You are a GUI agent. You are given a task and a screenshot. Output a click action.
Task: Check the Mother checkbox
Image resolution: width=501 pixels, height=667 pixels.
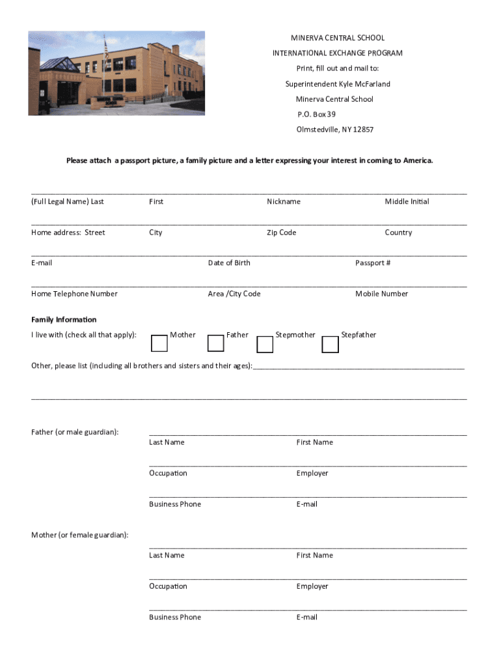tap(159, 343)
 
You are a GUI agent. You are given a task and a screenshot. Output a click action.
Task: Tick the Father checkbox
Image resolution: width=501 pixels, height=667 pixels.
tap(215, 343)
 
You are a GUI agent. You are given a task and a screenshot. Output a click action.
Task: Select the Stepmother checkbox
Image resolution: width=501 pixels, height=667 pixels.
tap(265, 344)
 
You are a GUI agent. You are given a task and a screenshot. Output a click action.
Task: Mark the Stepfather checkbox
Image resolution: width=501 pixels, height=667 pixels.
tap(331, 344)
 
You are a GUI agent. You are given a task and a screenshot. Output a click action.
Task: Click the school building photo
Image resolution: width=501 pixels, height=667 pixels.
tap(116, 73)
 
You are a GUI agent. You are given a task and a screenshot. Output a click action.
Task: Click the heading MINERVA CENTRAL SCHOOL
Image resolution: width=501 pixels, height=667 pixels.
tap(328, 38)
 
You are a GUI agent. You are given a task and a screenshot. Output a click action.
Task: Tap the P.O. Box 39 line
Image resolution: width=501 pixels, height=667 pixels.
tap(316, 114)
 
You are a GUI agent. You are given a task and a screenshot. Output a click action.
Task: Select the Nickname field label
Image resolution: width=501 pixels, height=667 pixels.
tap(284, 201)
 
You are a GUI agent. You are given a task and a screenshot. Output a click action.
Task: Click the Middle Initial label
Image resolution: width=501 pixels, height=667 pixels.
tap(407, 201)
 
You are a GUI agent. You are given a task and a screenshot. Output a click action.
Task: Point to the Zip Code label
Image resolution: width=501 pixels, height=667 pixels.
tap(281, 233)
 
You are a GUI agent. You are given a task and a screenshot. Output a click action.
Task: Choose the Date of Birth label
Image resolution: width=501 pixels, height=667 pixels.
tap(229, 263)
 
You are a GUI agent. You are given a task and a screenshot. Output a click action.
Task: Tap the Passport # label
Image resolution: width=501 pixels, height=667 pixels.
tap(373, 263)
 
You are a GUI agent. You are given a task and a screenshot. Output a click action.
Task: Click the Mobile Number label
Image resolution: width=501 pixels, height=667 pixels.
tap(381, 294)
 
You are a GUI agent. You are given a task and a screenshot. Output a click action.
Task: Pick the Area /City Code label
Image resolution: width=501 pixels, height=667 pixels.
tap(234, 294)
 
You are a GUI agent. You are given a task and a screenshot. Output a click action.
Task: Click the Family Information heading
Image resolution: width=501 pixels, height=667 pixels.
tap(64, 320)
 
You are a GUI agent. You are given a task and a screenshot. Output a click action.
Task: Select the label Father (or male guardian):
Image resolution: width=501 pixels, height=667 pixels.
tap(75, 432)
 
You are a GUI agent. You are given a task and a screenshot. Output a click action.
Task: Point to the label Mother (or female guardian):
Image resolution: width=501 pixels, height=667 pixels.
tap(80, 535)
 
